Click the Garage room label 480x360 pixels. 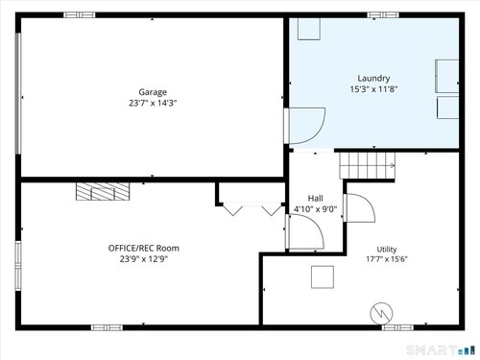click(153, 92)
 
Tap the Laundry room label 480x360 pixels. click(373, 79)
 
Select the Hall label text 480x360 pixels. click(315, 199)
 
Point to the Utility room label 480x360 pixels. click(387, 250)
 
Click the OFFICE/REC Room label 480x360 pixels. click(144, 248)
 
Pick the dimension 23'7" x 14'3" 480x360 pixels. click(153, 103)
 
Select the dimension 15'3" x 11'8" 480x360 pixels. click(373, 89)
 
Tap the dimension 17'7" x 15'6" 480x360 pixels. click(387, 259)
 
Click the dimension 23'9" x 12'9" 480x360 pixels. click(144, 258)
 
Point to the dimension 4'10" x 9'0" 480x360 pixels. click(315, 209)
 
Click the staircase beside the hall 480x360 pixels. click(367, 165)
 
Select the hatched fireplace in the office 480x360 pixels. click(103, 191)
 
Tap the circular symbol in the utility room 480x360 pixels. click(381, 313)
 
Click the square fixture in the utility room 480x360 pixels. click(323, 276)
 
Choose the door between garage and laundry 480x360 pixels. click(304, 126)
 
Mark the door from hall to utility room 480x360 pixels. click(359, 207)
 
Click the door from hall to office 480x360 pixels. click(304, 231)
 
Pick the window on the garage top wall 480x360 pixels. click(80, 14)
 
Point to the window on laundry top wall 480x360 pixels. click(383, 14)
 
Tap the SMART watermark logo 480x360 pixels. click(441, 350)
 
